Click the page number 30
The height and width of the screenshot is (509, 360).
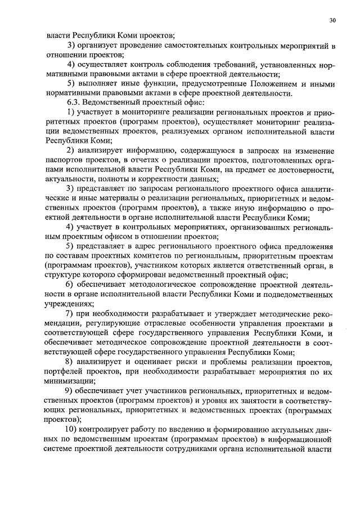click(x=333, y=20)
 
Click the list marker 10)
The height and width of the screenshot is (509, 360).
click(x=73, y=429)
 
